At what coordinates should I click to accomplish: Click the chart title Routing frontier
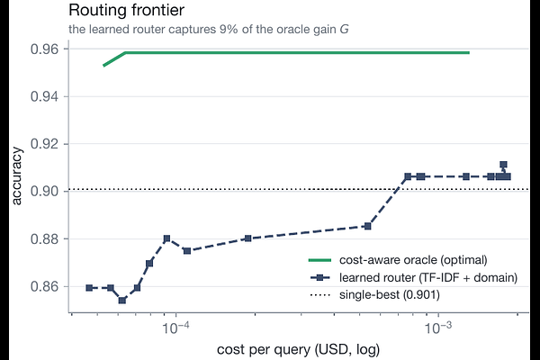pos(126,10)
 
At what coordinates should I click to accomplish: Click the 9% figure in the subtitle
pos(228,30)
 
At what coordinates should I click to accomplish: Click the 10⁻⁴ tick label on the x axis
pos(176,328)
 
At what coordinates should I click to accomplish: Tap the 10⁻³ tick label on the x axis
pos(438,328)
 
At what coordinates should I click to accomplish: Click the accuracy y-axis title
pos(16,176)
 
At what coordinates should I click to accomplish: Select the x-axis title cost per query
pos(298,349)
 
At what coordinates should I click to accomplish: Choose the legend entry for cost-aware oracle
pos(398,260)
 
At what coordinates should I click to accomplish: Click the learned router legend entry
pos(414,277)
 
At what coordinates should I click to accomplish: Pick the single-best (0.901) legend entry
pos(374,295)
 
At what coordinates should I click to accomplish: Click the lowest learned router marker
pos(122,301)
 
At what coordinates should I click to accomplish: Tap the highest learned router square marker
pos(503,165)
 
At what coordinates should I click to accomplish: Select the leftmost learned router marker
pos(89,288)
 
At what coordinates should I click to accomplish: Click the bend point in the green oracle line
pos(125,53)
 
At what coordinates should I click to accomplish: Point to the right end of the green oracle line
pos(469,53)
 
